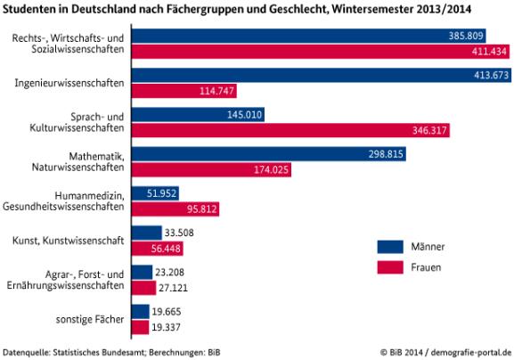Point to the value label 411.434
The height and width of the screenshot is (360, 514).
[478, 53]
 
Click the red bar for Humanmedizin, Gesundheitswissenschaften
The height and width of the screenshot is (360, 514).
[175, 209]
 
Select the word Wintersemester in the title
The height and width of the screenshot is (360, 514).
[379, 9]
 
